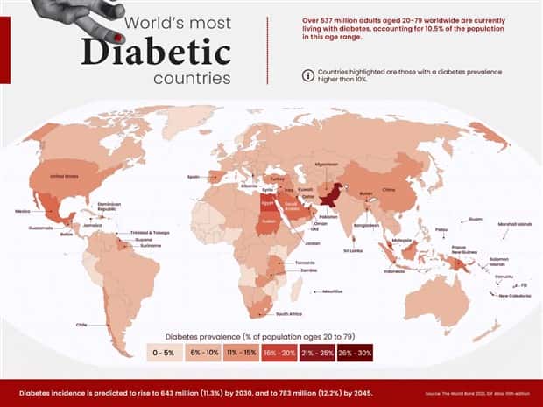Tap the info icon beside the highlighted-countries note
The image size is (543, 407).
307,75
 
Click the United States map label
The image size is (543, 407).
64,176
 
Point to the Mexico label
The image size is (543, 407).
24,211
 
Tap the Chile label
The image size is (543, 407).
81,324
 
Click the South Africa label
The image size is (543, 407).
289,313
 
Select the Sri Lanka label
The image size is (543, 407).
354,250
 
